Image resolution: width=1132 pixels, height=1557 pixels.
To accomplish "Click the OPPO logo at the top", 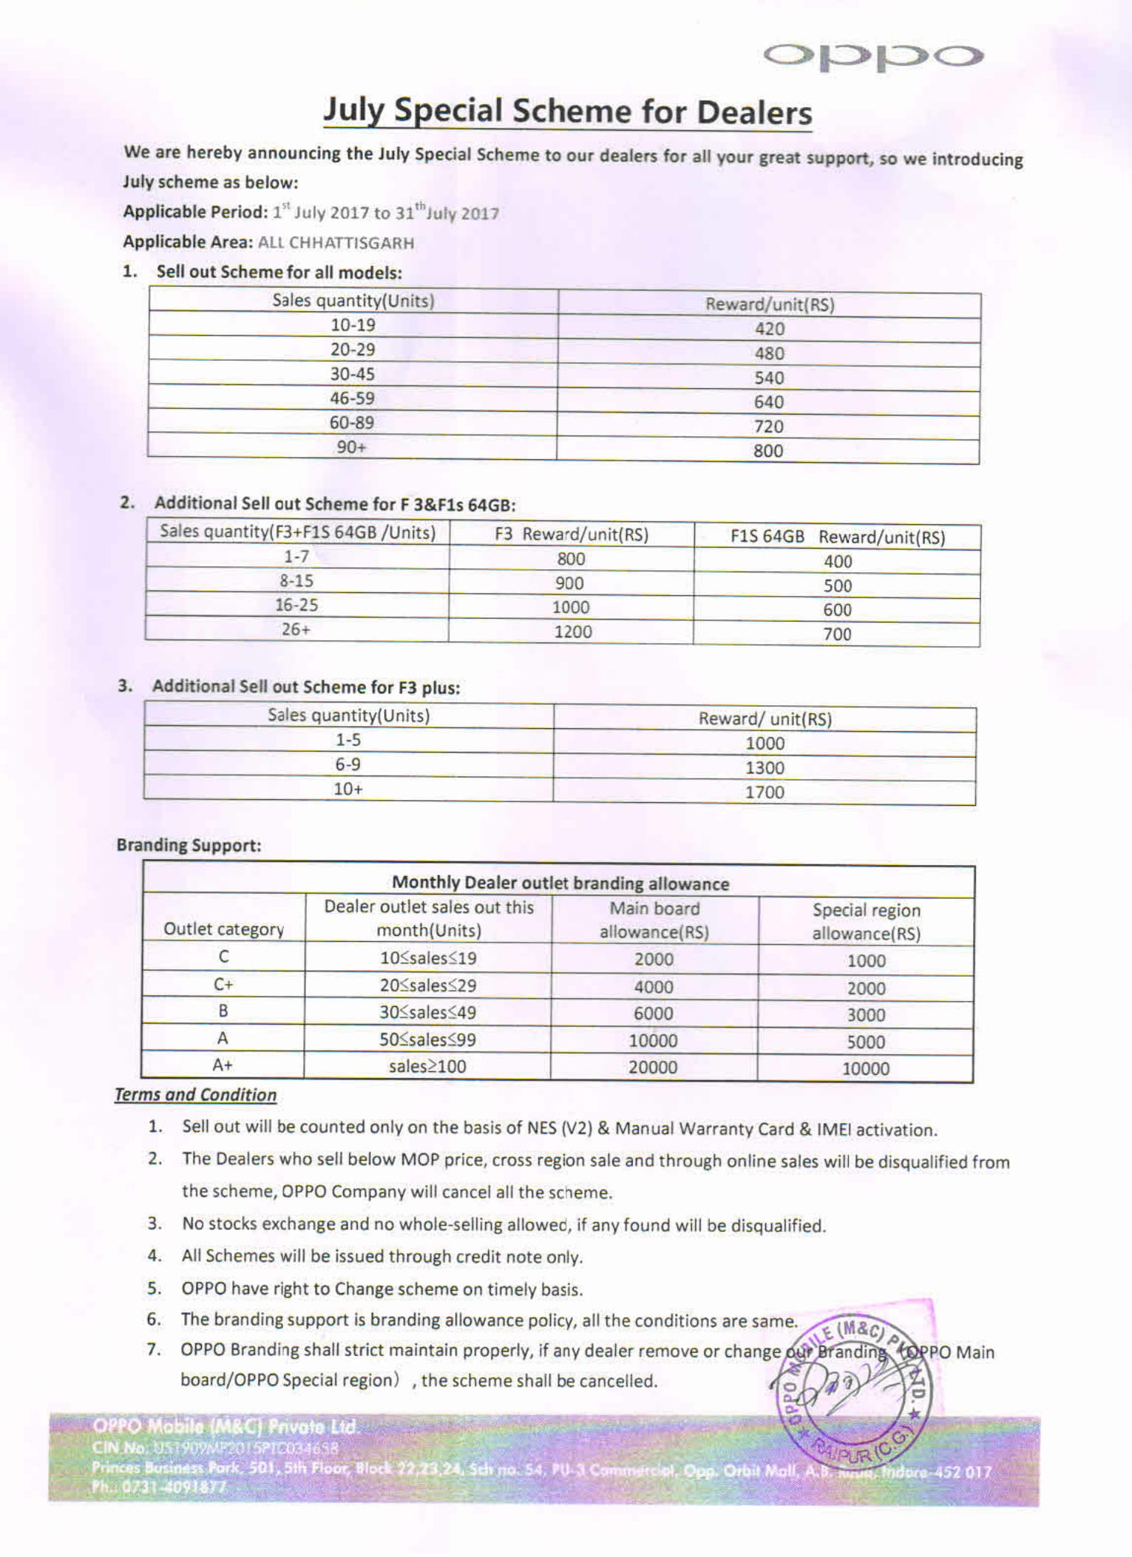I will [x=872, y=56].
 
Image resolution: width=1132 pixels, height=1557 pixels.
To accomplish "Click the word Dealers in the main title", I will [x=753, y=113].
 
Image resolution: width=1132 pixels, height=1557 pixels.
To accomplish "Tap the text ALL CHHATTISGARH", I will [x=336, y=242].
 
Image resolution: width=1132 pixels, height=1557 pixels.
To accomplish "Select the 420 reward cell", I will [x=769, y=329].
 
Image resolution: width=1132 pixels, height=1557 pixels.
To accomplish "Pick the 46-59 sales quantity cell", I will [x=352, y=398].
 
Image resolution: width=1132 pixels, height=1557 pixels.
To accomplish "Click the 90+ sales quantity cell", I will [x=351, y=447].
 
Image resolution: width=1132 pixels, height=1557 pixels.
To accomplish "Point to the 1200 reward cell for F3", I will [x=572, y=631].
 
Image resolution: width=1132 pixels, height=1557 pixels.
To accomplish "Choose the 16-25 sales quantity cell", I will [x=296, y=605].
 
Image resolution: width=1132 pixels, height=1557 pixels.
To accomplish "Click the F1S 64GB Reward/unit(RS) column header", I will [x=837, y=537].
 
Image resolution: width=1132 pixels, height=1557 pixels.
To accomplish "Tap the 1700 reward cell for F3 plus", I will [x=765, y=792].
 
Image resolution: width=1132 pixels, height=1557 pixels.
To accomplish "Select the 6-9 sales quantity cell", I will [x=348, y=764].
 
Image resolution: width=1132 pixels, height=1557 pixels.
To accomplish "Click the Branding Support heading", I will [x=189, y=845].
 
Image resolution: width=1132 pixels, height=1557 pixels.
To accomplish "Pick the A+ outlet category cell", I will [x=223, y=1065].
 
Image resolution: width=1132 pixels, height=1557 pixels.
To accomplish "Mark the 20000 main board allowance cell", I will [x=653, y=1067].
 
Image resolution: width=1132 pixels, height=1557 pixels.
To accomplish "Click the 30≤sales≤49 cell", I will [x=427, y=1012].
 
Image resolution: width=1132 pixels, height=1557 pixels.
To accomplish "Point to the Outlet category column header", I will [x=223, y=929].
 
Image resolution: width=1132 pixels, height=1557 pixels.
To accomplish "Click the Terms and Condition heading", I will [x=195, y=1095].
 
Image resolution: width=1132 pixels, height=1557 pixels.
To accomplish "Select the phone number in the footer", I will [x=159, y=1487].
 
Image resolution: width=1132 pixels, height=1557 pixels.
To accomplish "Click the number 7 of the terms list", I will [x=154, y=1349].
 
